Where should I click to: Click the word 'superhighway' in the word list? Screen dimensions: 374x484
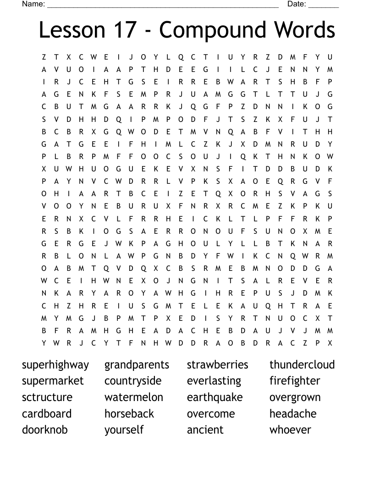click(x=55, y=365)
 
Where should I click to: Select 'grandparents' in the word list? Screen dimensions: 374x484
click(x=137, y=365)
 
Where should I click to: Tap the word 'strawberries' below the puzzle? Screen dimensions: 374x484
click(x=217, y=365)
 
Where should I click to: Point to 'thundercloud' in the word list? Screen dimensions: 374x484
click(x=302, y=365)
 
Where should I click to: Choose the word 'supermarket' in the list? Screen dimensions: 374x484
click(x=53, y=381)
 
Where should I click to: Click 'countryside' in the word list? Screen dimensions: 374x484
click(x=133, y=381)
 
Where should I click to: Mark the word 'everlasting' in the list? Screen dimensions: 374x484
click(x=214, y=381)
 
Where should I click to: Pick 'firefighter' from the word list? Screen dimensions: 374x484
click(x=295, y=381)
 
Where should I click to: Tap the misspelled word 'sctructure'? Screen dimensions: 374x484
click(x=47, y=397)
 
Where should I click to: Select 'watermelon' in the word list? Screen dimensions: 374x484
click(x=133, y=397)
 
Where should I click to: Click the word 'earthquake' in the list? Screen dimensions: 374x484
click(x=214, y=397)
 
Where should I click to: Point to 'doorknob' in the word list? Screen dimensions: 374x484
click(x=44, y=430)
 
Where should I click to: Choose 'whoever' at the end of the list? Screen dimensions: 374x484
click(x=290, y=430)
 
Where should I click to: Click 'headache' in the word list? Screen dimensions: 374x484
click(x=293, y=413)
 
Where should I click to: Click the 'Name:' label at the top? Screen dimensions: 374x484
click(x=33, y=4)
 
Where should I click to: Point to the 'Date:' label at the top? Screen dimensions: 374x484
click(x=297, y=4)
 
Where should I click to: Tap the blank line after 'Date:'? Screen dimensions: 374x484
click(x=324, y=5)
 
